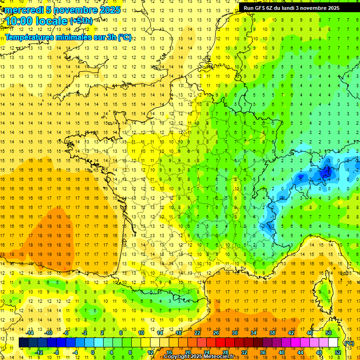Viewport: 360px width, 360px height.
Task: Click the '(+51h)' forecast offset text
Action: coord(81,21)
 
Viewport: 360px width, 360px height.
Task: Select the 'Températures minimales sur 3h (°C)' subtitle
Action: coord(68,37)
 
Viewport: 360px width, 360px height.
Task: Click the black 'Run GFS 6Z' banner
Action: coord(295,7)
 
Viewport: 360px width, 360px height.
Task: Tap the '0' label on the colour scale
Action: coord(93,352)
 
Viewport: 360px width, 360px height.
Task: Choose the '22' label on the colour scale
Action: coord(197,333)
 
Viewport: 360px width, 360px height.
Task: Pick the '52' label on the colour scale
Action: coord(337,352)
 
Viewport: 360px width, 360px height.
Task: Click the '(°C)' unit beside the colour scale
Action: coord(349,343)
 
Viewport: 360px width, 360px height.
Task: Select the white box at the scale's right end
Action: coord(333,343)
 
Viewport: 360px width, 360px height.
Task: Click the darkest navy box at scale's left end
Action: coord(23,343)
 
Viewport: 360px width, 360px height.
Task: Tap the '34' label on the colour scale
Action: coord(253,333)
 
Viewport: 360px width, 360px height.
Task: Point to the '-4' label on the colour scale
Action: coord(75,352)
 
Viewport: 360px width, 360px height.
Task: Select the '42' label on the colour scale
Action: coord(291,333)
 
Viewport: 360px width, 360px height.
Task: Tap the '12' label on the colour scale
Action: coord(151,352)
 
